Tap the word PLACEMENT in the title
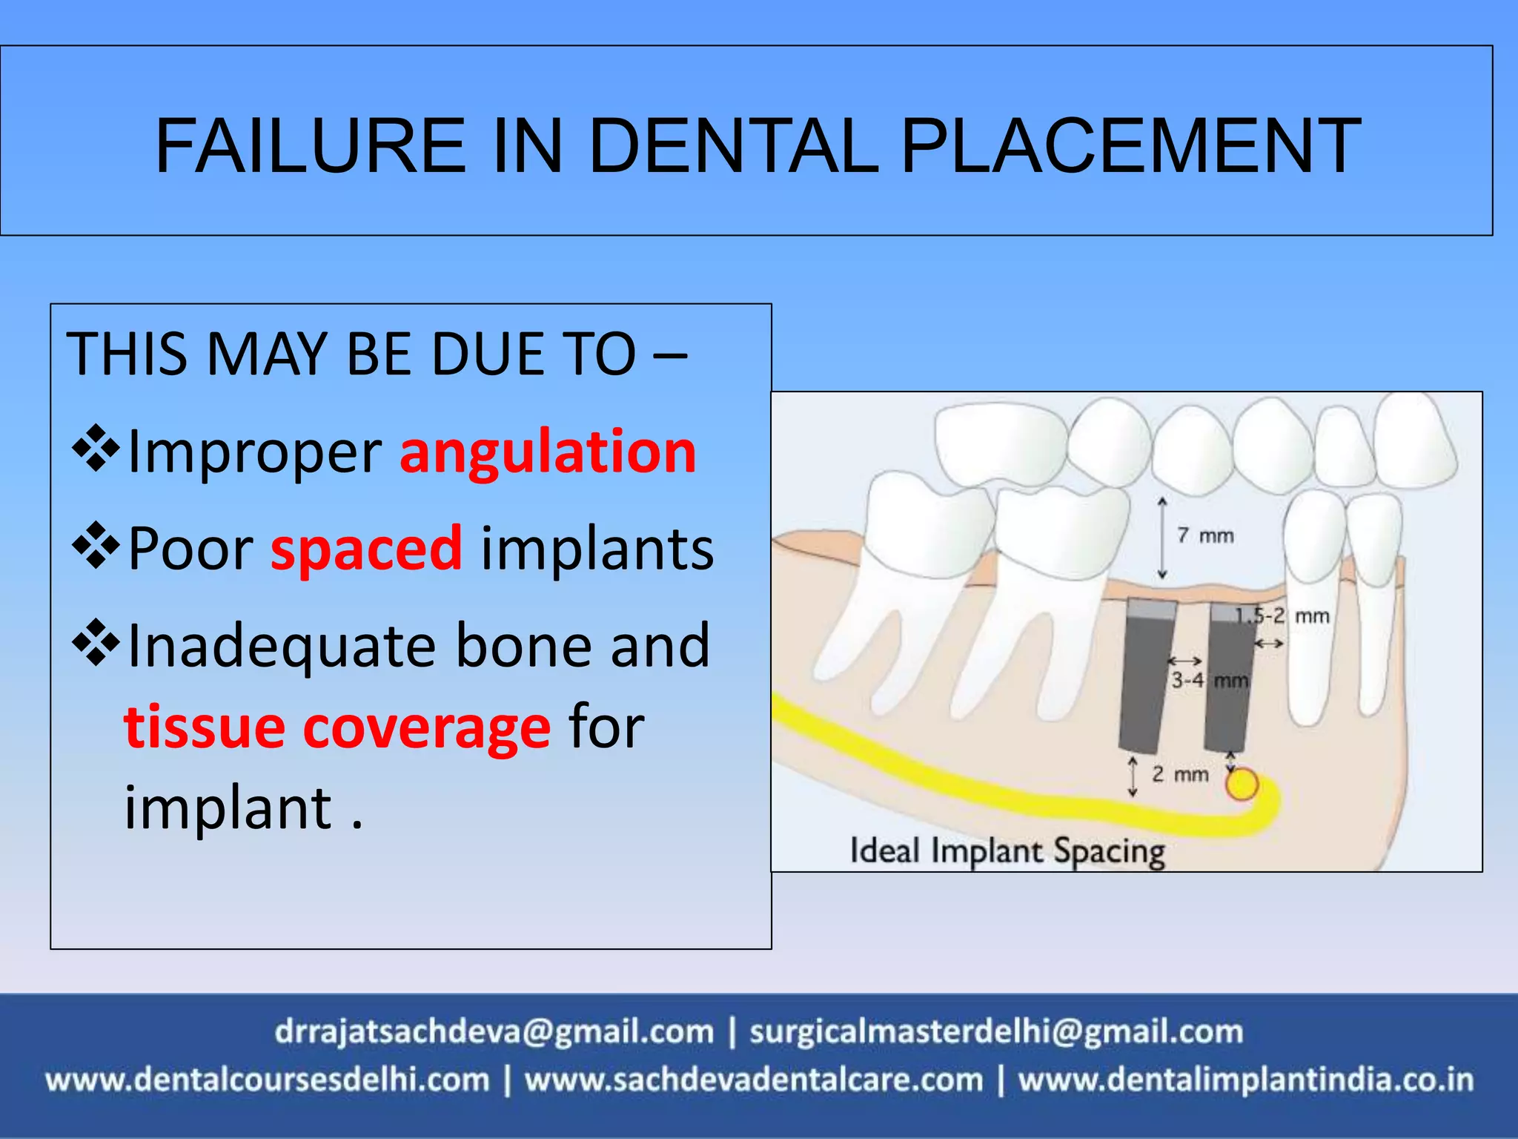[x=1130, y=146]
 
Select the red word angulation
[x=548, y=452]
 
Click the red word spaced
[x=367, y=549]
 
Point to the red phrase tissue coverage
[x=337, y=727]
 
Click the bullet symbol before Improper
[x=96, y=449]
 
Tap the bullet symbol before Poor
[x=96, y=546]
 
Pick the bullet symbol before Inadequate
[x=96, y=643]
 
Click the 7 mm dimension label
[x=1206, y=535]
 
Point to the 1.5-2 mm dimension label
[x=1282, y=615]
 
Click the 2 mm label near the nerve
[x=1180, y=774]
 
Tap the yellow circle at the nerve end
[x=1242, y=784]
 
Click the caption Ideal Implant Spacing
[x=1007, y=851]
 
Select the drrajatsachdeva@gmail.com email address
[x=494, y=1031]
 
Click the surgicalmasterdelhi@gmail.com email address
[x=996, y=1031]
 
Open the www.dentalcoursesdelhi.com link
[x=268, y=1080]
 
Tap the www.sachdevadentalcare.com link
[x=754, y=1080]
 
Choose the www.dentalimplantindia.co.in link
[x=1246, y=1080]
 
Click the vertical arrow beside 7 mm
[x=1162, y=538]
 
